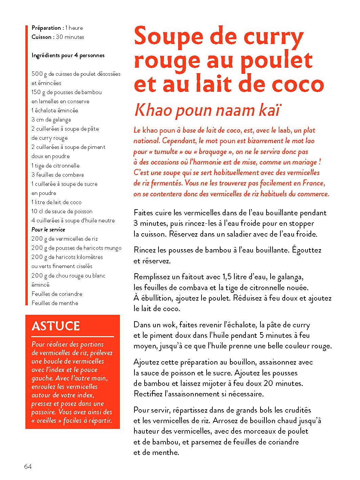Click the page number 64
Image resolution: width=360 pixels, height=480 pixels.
click(28, 466)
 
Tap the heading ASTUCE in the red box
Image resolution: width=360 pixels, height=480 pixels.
click(56, 326)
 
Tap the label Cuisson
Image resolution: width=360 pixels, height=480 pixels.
click(42, 37)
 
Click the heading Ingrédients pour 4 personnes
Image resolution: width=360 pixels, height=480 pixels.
click(68, 55)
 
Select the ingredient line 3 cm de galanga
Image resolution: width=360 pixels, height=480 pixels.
click(51, 119)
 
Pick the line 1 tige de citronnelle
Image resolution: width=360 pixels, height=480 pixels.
click(56, 166)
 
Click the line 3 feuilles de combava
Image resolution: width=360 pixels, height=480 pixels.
click(58, 175)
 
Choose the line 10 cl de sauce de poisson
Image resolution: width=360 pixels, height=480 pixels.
click(62, 211)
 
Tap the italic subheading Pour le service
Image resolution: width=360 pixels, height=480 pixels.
click(48, 230)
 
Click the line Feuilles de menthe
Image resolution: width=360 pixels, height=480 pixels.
click(55, 303)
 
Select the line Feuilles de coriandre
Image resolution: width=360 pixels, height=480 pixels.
click(57, 294)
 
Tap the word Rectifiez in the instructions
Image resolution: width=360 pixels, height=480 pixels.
click(148, 394)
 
